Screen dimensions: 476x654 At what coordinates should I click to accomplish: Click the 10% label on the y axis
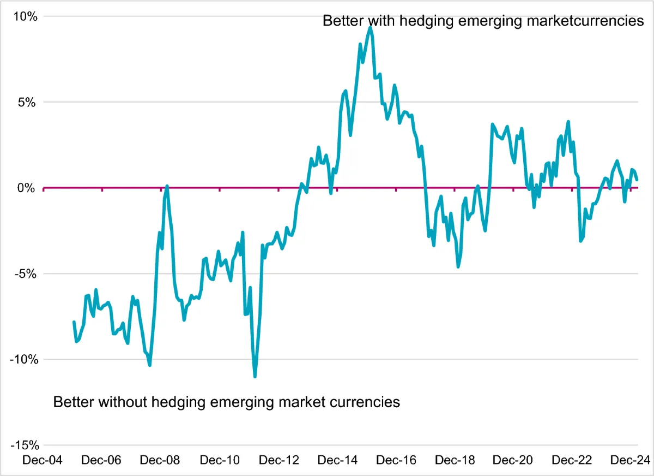point(26,16)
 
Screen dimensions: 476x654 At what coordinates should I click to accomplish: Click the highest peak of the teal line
point(370,28)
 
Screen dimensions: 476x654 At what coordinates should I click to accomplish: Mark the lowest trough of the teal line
point(255,376)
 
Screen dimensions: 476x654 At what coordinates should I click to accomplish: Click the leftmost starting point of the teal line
point(74,322)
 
